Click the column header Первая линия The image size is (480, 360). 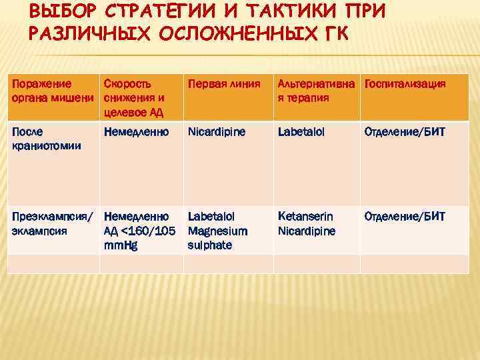click(x=223, y=85)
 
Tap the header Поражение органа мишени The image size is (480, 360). click(x=51, y=91)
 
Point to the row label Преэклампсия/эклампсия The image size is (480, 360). click(x=53, y=222)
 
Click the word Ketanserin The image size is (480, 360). click(x=305, y=217)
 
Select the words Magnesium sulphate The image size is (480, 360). click(x=217, y=238)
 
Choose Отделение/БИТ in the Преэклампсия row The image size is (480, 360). click(x=404, y=217)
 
